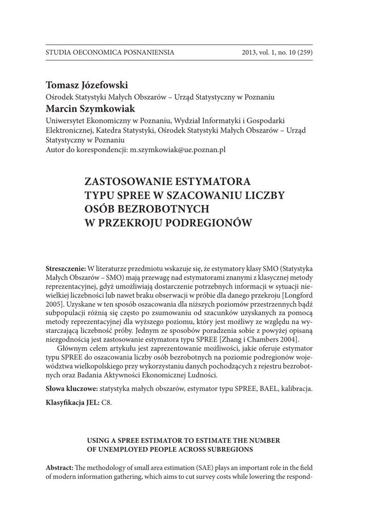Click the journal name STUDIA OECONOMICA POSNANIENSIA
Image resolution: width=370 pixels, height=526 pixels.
click(110, 52)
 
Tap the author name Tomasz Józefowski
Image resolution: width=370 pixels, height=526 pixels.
click(87, 85)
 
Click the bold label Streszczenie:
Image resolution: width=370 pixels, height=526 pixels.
click(66, 269)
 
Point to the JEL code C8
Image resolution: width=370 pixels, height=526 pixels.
click(106, 402)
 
